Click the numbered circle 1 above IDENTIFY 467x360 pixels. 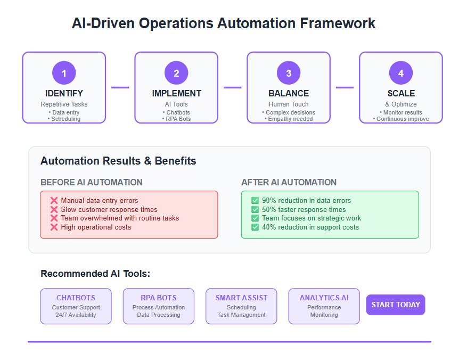(x=64, y=73)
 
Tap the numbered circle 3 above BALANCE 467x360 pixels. (x=289, y=73)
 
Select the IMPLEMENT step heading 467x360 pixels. (x=177, y=94)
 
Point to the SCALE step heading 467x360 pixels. (x=401, y=94)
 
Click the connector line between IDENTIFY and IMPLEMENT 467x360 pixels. (x=120, y=87)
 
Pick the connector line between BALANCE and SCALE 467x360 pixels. (x=345, y=87)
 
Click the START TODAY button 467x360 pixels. (x=396, y=305)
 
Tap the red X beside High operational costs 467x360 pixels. (x=54, y=227)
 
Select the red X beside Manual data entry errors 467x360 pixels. (x=54, y=200)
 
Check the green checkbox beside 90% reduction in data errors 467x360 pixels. (x=255, y=200)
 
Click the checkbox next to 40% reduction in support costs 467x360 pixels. (x=255, y=227)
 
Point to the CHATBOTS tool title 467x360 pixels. (x=76, y=298)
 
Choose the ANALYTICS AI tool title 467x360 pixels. (x=324, y=298)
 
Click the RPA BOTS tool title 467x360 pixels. (x=159, y=298)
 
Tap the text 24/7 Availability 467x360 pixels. (x=76, y=315)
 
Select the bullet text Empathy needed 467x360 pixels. (x=290, y=119)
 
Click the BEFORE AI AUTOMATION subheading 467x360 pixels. (x=92, y=182)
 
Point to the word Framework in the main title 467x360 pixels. (x=338, y=23)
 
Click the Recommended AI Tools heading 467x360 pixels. (x=95, y=274)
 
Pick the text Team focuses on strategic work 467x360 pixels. (x=312, y=218)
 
